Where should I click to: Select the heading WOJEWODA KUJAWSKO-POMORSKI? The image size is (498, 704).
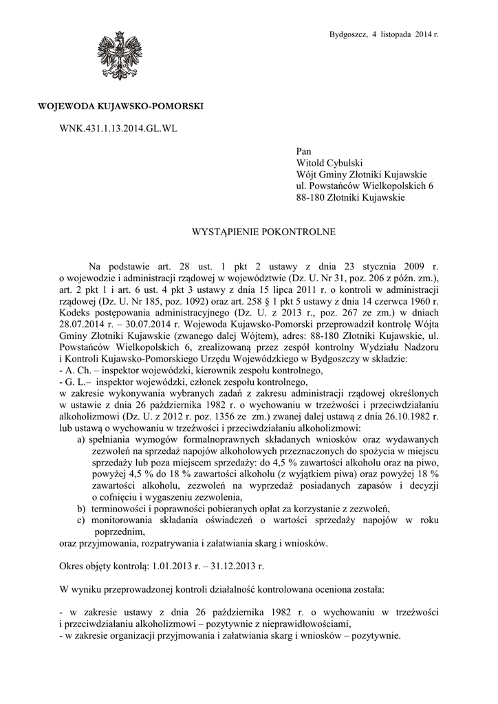(120, 106)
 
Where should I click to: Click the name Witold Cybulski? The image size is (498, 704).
(329, 161)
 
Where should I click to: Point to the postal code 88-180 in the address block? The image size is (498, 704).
(310, 198)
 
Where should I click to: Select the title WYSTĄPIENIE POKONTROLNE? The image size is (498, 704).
(263, 232)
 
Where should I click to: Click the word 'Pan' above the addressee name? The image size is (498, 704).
(303, 148)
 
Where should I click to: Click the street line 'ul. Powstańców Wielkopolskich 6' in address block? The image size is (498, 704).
(365, 186)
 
